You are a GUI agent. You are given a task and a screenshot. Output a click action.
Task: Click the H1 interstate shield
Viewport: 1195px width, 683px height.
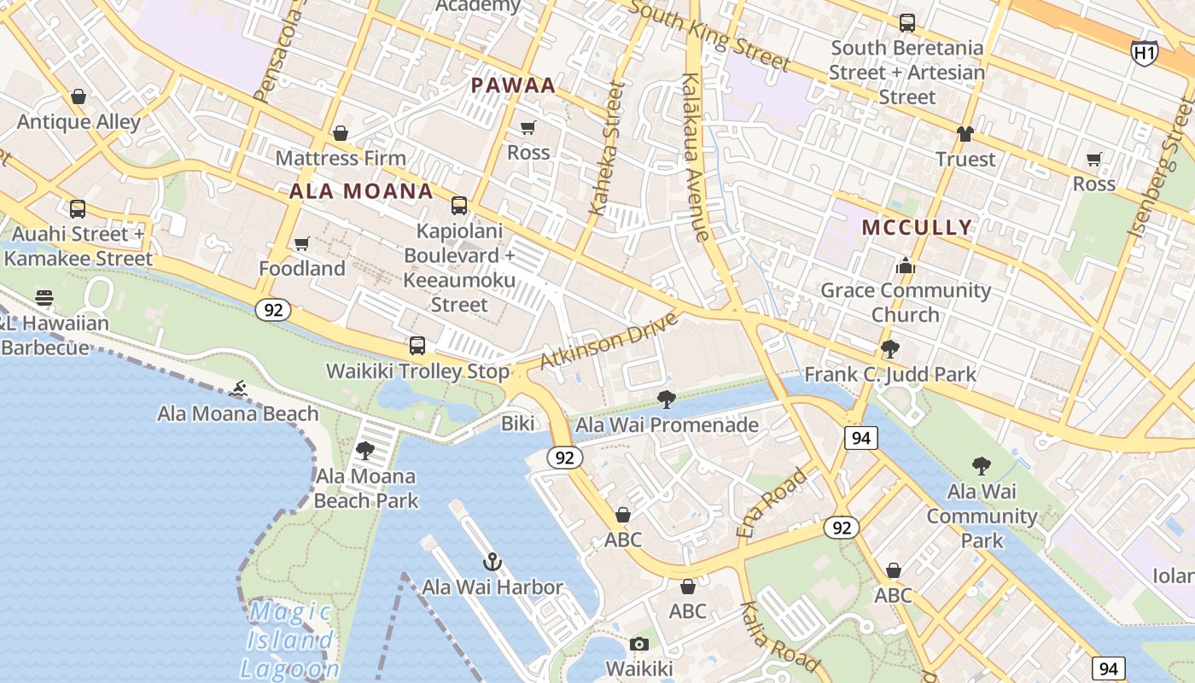1145,53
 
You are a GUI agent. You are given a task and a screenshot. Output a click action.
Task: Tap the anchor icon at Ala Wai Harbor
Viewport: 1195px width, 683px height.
492,562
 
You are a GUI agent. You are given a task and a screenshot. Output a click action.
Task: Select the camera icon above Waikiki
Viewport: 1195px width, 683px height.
639,644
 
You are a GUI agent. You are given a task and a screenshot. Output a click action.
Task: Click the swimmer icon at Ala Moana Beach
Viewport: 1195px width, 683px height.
238,389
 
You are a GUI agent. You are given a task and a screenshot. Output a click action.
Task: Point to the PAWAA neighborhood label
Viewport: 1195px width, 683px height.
513,85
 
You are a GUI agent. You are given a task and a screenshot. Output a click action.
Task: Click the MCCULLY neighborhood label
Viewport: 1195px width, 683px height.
917,227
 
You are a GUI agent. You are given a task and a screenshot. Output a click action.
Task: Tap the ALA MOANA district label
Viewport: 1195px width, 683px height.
361,191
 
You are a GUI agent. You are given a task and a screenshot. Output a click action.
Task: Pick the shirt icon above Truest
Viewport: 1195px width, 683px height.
965,134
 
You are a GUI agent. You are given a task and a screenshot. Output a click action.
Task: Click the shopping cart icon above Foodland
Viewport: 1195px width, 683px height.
301,244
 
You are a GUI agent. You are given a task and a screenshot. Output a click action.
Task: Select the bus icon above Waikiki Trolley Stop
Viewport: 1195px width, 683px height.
417,346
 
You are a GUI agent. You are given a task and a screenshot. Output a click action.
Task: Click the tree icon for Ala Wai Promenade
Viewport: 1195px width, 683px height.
667,399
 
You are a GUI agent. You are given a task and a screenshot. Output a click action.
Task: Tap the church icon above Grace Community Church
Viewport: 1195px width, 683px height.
906,266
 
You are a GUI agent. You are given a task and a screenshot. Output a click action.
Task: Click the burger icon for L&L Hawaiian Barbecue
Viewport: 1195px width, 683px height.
44,298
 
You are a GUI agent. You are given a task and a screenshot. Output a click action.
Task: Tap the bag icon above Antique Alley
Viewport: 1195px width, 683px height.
79,96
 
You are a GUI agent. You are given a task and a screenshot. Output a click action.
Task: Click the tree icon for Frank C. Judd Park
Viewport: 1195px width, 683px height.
890,348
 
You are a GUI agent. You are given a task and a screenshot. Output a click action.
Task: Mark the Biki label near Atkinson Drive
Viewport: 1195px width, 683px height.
517,423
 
